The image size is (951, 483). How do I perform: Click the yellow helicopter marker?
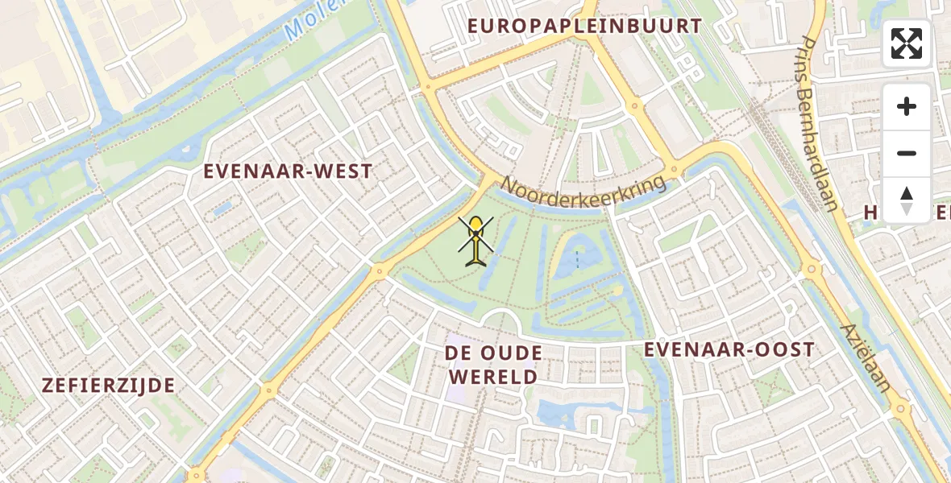tap(476, 241)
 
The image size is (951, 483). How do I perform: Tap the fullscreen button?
tap(907, 43)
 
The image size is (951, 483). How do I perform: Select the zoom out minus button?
tap(907, 153)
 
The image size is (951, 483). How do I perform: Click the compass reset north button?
tap(907, 200)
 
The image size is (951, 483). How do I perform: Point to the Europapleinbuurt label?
tap(585, 26)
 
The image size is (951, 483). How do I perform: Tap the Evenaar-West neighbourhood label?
tap(288, 171)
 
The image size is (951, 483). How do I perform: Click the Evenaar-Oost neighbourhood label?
tap(729, 349)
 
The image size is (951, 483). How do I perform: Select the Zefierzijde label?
tap(108, 385)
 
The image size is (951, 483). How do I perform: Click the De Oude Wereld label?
tap(493, 365)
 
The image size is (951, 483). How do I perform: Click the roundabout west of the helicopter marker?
tap(379, 271)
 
